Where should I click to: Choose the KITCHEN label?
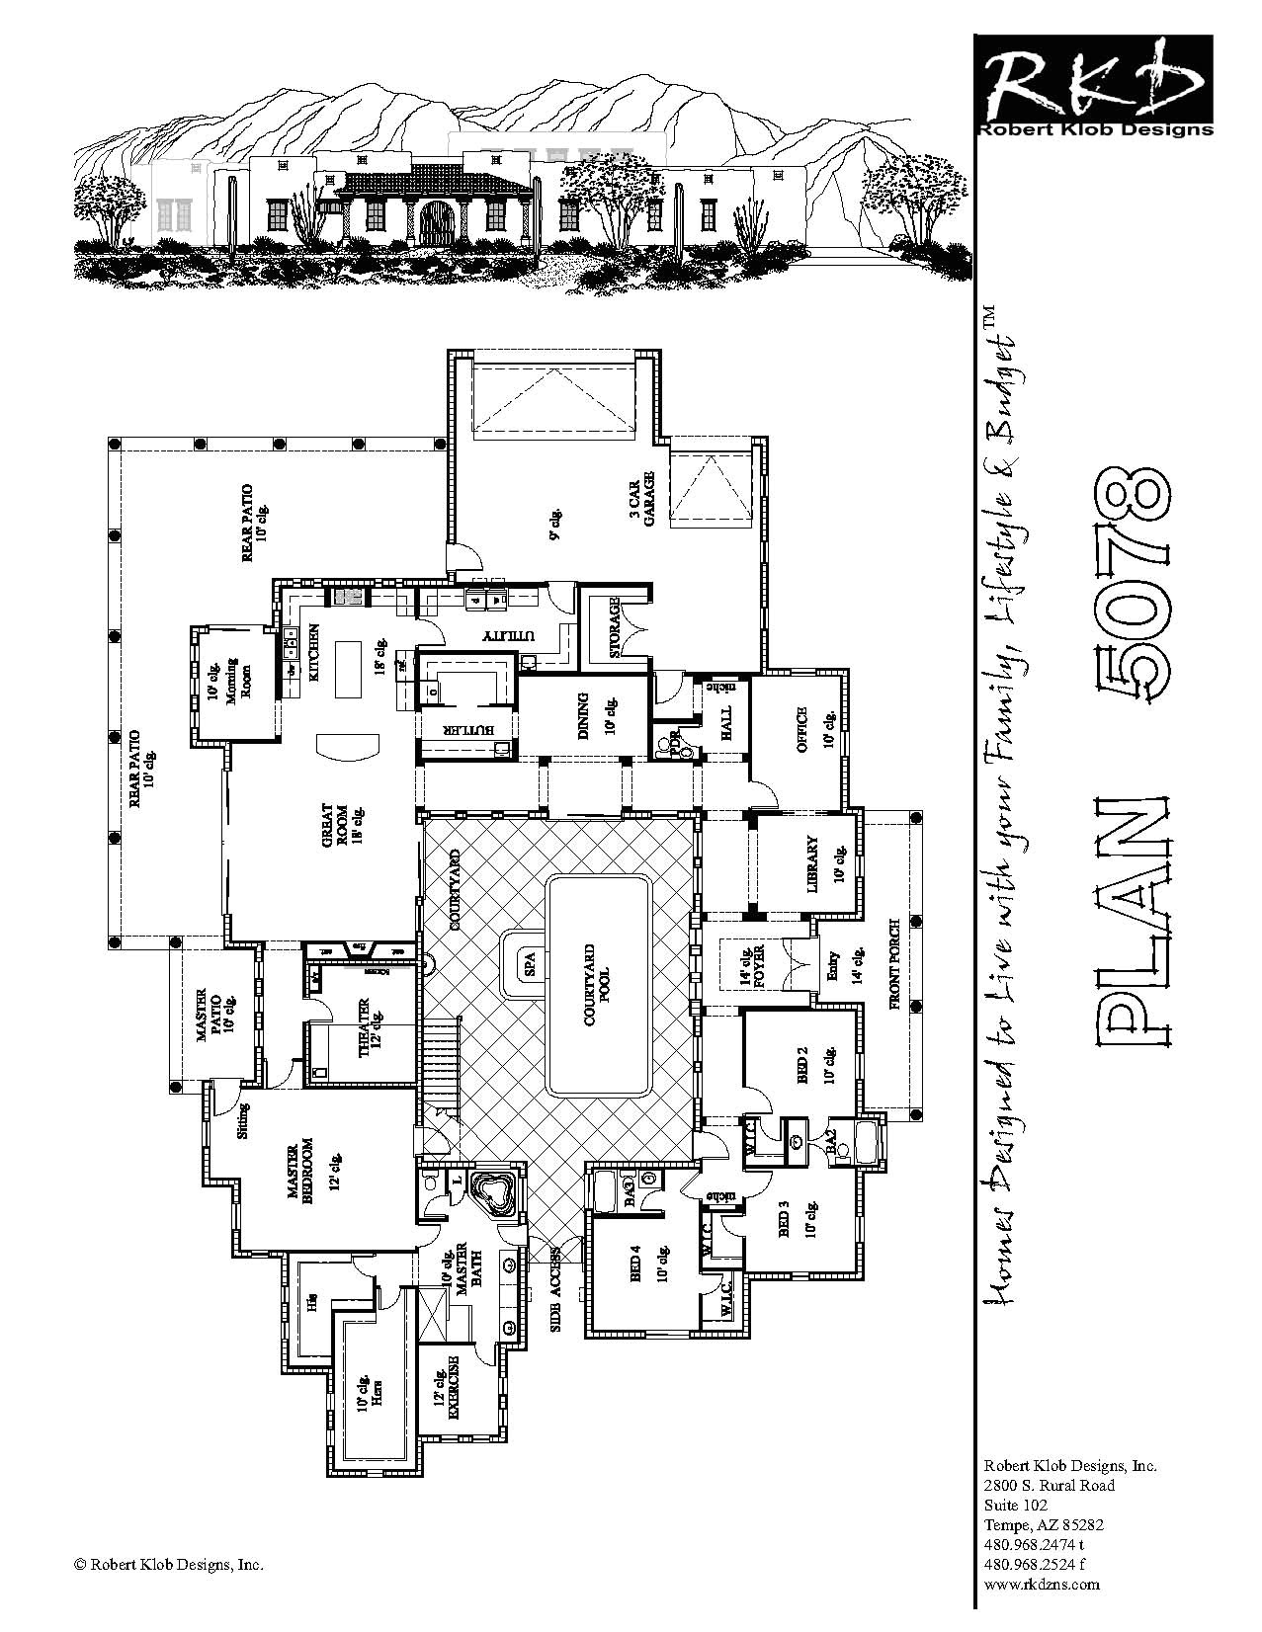tap(313, 654)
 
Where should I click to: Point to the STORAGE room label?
tap(614, 627)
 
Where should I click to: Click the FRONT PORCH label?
tap(894, 997)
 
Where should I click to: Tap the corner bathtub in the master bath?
tap(492, 1193)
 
